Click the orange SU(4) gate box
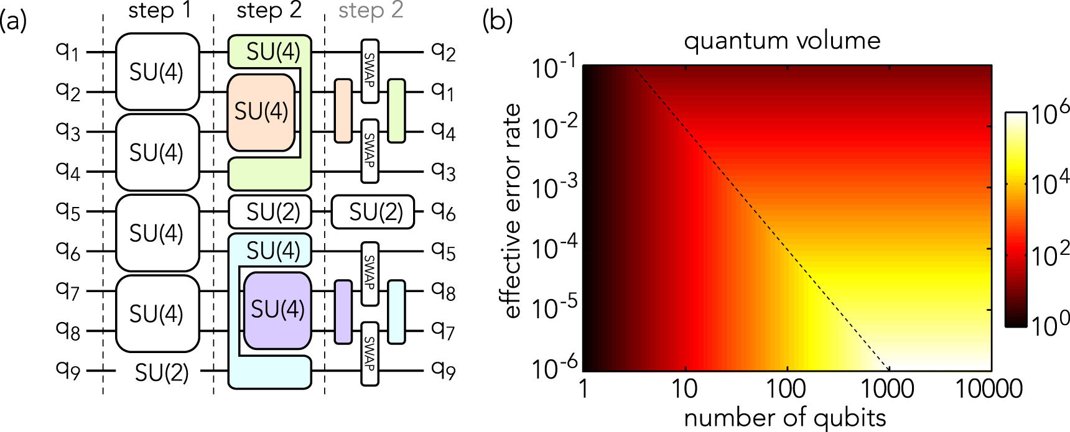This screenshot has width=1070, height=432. (261, 112)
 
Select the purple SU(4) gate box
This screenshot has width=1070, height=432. (277, 310)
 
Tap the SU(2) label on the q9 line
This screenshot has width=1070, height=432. (161, 372)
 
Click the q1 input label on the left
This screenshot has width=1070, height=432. (67, 51)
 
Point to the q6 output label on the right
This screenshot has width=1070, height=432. (443, 212)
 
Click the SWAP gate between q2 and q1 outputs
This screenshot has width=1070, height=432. (370, 71)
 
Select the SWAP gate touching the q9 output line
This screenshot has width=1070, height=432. (370, 353)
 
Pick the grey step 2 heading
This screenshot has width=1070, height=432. (371, 11)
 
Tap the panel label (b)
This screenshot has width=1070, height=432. (497, 21)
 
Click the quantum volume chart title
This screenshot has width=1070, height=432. (782, 41)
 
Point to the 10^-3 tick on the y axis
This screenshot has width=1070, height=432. (554, 186)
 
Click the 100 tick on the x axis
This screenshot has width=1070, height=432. (786, 389)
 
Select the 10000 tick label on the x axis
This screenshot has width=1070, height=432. (989, 389)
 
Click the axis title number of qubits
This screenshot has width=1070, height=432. (784, 417)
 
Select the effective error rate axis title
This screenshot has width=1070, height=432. (511, 211)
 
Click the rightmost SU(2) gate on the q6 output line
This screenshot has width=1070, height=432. (373, 212)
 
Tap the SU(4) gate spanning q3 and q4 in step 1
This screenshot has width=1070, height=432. (157, 152)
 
